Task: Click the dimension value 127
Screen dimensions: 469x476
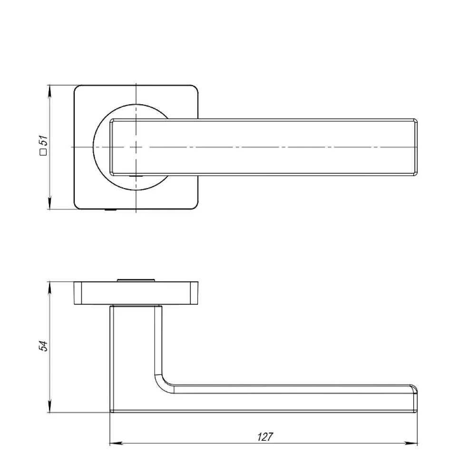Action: (265, 437)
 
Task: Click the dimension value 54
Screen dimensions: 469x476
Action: (43, 346)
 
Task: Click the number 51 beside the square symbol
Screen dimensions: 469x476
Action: (44, 140)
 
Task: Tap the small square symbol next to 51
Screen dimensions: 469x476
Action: (44, 152)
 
